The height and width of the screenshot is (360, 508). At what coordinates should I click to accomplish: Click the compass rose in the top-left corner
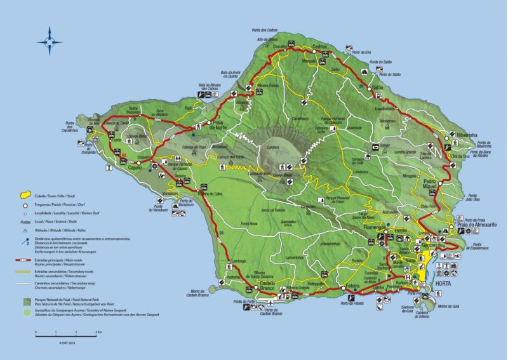pos(50,41)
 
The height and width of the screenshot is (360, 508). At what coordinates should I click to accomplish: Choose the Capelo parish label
pos(135,168)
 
